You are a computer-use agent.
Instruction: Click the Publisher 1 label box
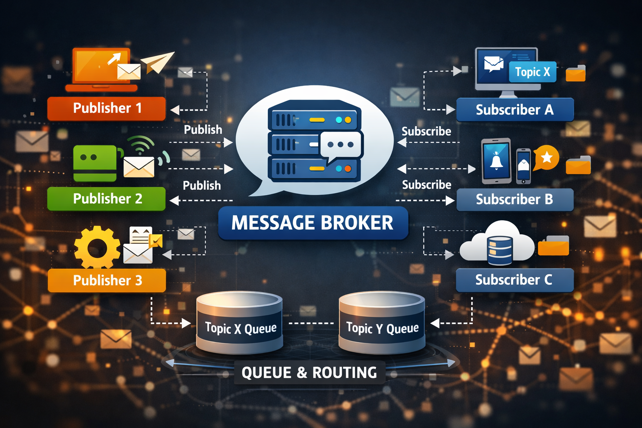click(107, 108)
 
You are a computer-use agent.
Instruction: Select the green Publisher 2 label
click(107, 199)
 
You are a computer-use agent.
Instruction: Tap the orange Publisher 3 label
click(107, 280)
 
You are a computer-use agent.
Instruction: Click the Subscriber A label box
click(515, 110)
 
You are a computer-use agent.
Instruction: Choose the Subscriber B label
click(515, 199)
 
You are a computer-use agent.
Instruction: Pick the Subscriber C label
click(515, 280)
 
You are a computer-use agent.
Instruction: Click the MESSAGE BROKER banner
click(313, 223)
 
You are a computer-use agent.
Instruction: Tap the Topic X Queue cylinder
click(240, 323)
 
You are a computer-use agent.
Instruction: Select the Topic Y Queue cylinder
click(382, 323)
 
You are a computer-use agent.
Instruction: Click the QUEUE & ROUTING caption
click(309, 372)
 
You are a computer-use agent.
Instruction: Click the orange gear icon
click(97, 247)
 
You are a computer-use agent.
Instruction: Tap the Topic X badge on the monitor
click(532, 72)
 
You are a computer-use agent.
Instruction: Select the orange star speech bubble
click(546, 158)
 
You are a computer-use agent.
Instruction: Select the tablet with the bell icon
click(497, 161)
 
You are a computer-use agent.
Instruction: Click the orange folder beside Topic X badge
click(576, 73)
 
